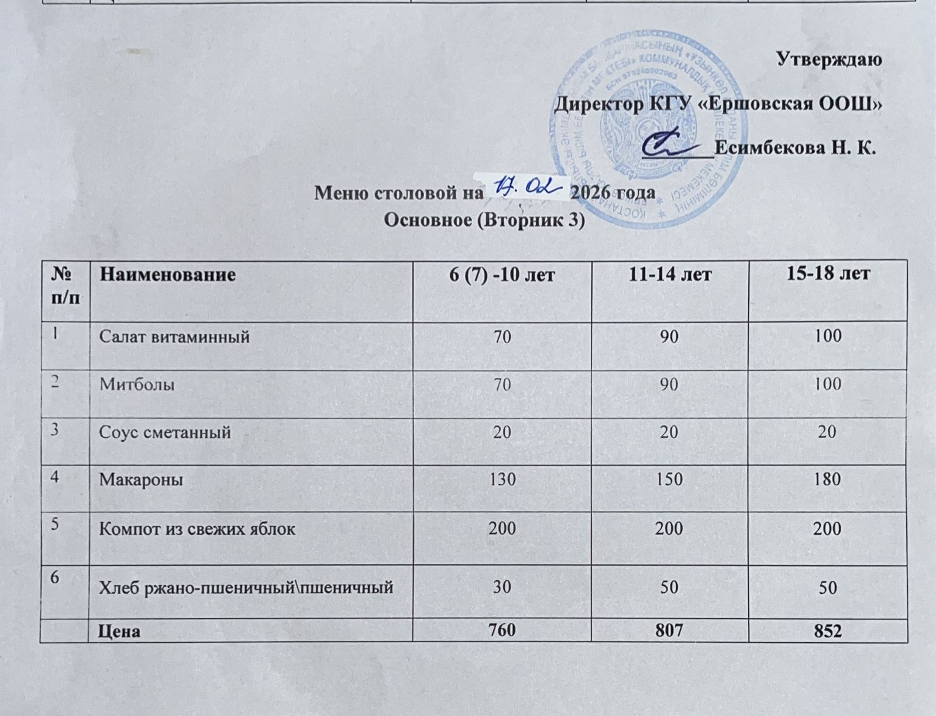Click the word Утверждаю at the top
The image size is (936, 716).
pyautogui.click(x=828, y=59)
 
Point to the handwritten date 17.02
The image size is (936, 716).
pyautogui.click(x=524, y=189)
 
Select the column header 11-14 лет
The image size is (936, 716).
pyautogui.click(x=669, y=273)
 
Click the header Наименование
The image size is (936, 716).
pyautogui.click(x=167, y=273)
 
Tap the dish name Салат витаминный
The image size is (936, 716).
pyautogui.click(x=174, y=337)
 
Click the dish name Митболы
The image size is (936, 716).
pyautogui.click(x=137, y=385)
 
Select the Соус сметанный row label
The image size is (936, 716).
pyautogui.click(x=165, y=433)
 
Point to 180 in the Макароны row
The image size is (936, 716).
pyautogui.click(x=828, y=479)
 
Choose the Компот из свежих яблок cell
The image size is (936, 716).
pyautogui.click(x=197, y=529)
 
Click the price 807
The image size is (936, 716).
pyautogui.click(x=670, y=631)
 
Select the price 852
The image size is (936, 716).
pyautogui.click(x=828, y=631)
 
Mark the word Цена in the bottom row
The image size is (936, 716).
pyautogui.click(x=119, y=632)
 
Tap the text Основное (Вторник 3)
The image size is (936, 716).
pyautogui.click(x=484, y=221)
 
